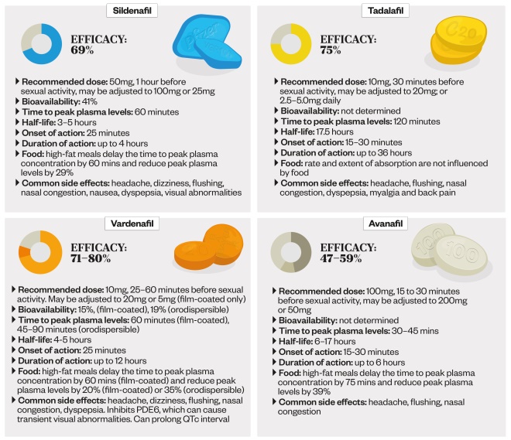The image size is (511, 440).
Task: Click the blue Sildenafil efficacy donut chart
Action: (42, 43)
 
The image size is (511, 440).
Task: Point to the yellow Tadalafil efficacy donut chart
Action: (290, 43)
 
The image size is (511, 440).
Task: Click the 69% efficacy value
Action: (82, 50)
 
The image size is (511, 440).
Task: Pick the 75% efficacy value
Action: (331, 50)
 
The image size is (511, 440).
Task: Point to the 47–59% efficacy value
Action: (341, 258)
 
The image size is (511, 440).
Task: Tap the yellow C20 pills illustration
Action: (458, 43)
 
